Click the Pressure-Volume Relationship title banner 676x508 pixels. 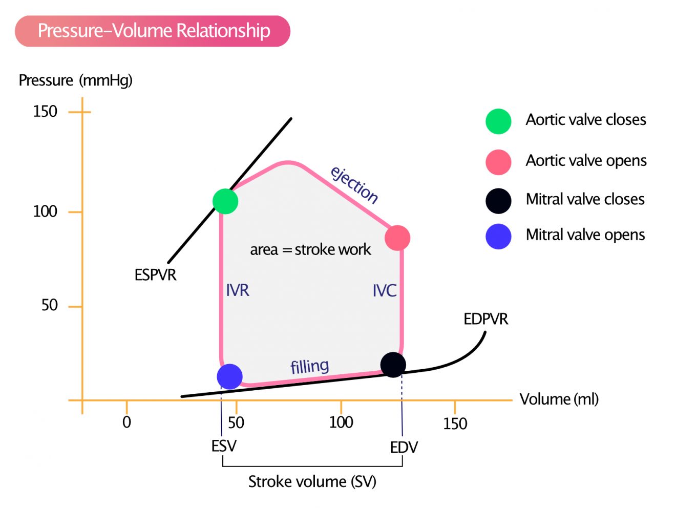pyautogui.click(x=153, y=31)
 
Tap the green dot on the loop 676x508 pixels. pyautogui.click(x=225, y=201)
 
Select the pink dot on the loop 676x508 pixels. pyautogui.click(x=397, y=238)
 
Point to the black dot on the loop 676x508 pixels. pyautogui.click(x=393, y=365)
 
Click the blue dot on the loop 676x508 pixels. pyautogui.click(x=230, y=376)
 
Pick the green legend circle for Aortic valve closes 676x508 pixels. pyautogui.click(x=498, y=121)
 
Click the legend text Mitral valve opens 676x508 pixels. pyautogui.click(x=585, y=235)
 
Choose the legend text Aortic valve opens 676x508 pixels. pyautogui.click(x=586, y=161)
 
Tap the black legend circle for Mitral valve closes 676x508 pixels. pyautogui.click(x=498, y=201)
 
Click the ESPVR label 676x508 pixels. pyautogui.click(x=156, y=274)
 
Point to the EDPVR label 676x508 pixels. pyautogui.click(x=485, y=319)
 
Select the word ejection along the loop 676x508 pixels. pyautogui.click(x=354, y=185)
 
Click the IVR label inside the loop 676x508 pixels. pyautogui.click(x=238, y=290)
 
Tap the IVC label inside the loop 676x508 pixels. pyautogui.click(x=385, y=290)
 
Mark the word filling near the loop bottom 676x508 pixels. pyautogui.click(x=310, y=366)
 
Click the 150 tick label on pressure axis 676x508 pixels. pyautogui.click(x=45, y=111)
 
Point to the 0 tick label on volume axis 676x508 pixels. pyautogui.click(x=126, y=422)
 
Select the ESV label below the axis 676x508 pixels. pyautogui.click(x=224, y=446)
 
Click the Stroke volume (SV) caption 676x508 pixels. pyautogui.click(x=312, y=482)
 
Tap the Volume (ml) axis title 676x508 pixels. pyautogui.click(x=559, y=399)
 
